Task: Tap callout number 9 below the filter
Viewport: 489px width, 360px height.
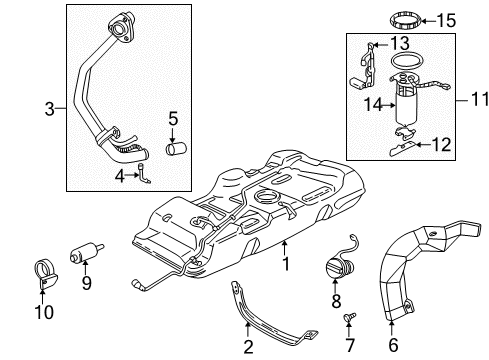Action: point(87,282)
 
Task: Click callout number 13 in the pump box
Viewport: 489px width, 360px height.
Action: point(400,43)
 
